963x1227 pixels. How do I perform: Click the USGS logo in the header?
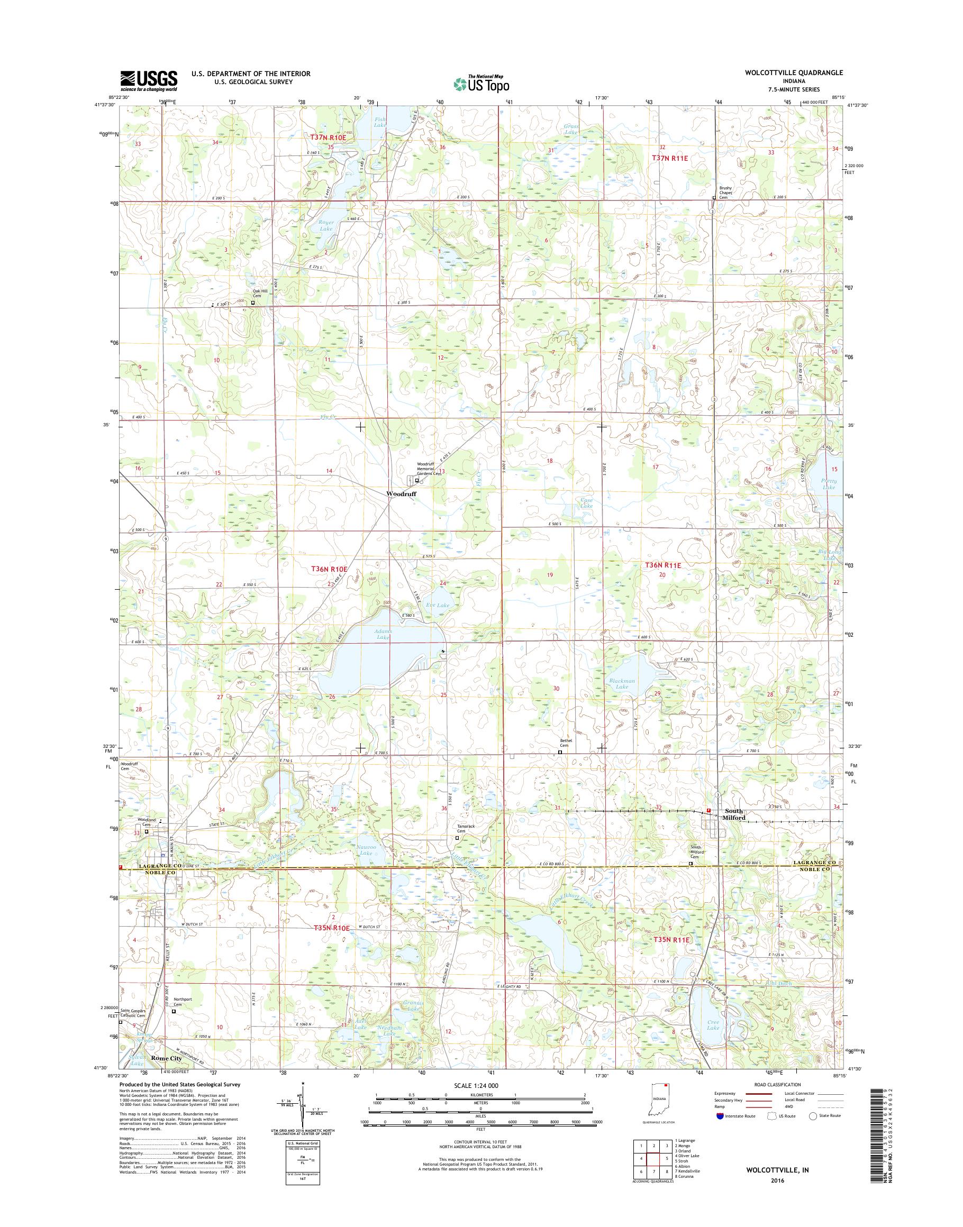(x=148, y=81)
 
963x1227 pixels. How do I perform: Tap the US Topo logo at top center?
(x=481, y=84)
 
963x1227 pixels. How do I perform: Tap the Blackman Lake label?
(x=622, y=684)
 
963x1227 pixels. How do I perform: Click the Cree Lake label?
(x=713, y=1024)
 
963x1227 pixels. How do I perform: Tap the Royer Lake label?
(x=326, y=225)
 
